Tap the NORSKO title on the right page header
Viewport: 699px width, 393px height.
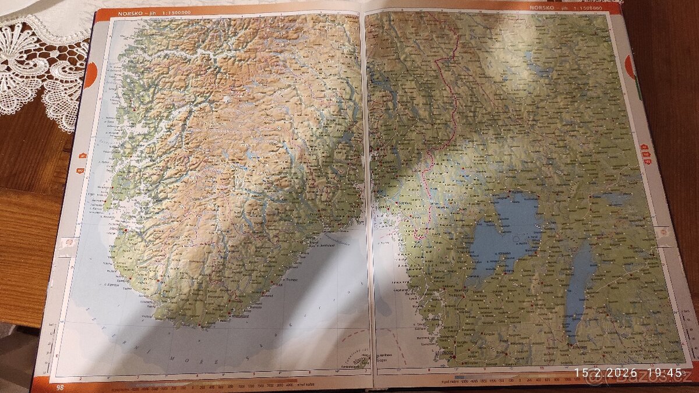coord(541,7)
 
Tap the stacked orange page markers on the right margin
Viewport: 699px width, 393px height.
coord(644,154)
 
